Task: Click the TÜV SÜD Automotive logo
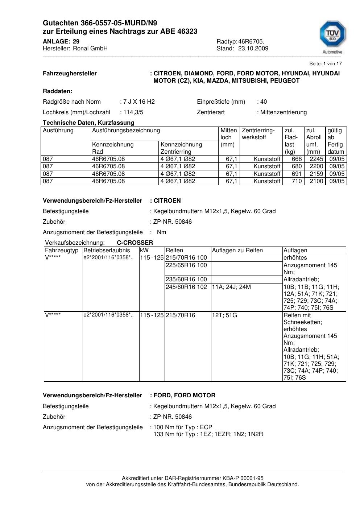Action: point(332,36)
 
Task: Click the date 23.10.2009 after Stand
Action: point(253,49)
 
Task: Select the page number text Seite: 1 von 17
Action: point(325,64)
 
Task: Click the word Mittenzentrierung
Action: point(283,112)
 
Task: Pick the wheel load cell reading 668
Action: point(297,159)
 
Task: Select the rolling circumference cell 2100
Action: point(316,181)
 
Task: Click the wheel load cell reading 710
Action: point(297,181)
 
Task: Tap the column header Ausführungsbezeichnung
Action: point(126,131)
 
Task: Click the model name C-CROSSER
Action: point(135,243)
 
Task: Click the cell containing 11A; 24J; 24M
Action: point(231,287)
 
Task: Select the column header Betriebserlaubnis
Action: point(107,251)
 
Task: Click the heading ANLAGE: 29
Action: point(61,41)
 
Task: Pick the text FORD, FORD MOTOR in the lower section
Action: point(184,396)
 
